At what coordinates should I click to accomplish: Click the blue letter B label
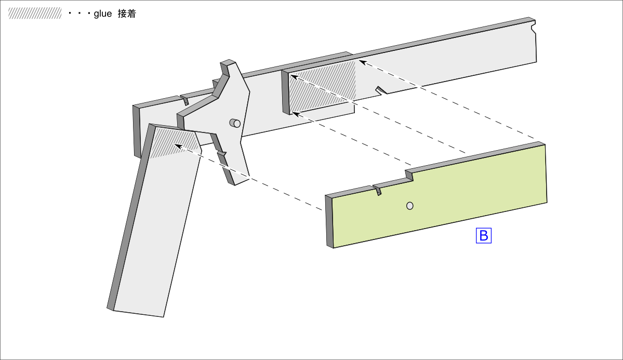coord(483,236)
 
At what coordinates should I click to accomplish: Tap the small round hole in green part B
coord(410,206)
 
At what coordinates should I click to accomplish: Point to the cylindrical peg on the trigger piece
coord(235,123)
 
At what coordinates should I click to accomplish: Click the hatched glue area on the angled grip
coord(174,142)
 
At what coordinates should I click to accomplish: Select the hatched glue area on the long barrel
coord(322,86)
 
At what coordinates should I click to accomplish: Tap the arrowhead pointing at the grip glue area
coord(178,146)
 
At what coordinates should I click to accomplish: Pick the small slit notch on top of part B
coord(378,190)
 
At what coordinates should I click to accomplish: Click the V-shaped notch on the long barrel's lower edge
coord(381,90)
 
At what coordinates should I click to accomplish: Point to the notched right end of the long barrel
coord(534,29)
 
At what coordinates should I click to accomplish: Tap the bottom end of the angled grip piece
coord(138,313)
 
